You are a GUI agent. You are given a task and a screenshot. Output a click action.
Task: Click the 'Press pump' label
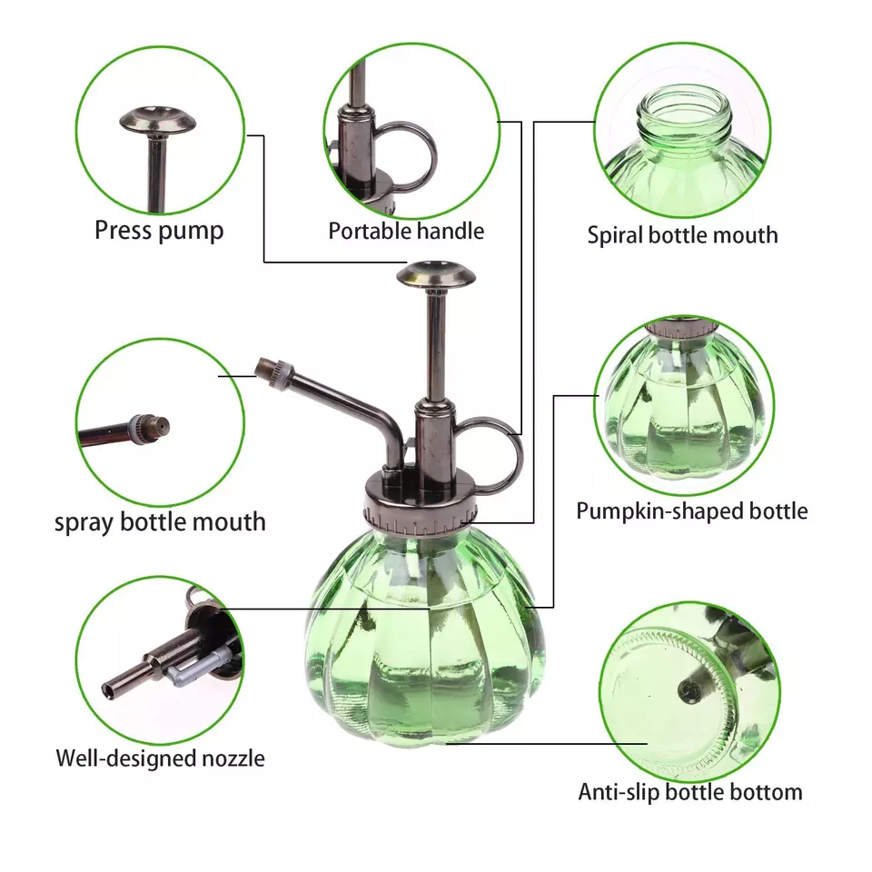[x=159, y=230]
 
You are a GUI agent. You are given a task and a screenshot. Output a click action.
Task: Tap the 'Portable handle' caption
[x=406, y=231]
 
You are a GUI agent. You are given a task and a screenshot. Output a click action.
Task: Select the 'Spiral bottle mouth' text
[x=682, y=234]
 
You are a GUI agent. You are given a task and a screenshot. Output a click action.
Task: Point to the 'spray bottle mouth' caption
[x=160, y=522]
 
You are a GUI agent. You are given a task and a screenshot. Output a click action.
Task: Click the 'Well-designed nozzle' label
[x=160, y=758]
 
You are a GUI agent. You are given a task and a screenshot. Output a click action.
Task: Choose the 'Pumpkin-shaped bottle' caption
[x=692, y=511]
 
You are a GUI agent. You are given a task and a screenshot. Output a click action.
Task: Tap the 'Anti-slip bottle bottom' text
[x=690, y=792]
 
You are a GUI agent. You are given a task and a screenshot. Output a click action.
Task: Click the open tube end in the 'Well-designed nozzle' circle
[x=108, y=690]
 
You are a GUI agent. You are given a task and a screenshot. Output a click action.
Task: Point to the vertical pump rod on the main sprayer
[x=436, y=346]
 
